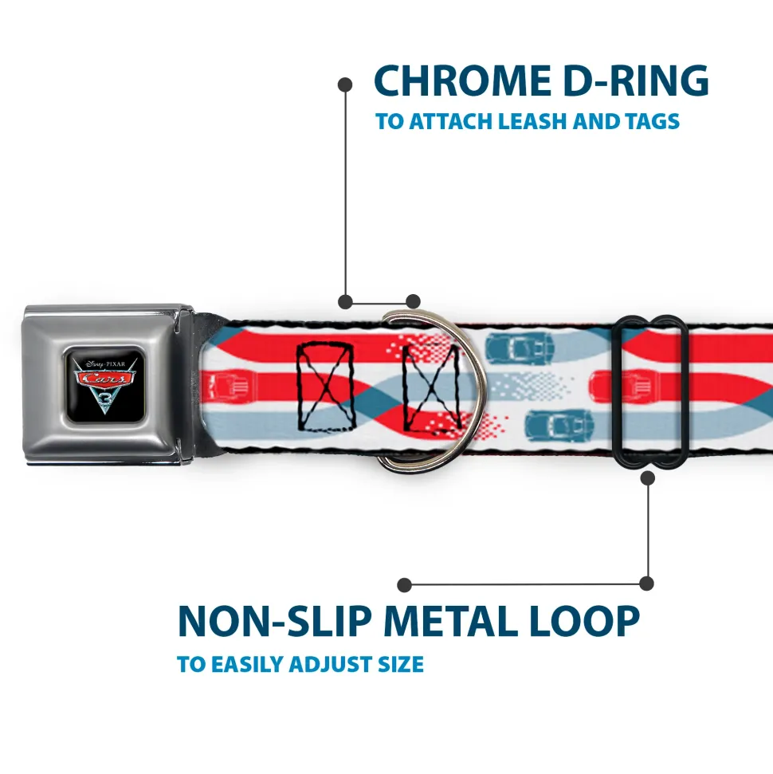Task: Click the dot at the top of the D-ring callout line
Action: [345, 83]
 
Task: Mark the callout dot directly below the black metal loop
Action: [647, 477]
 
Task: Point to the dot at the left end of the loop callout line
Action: [405, 585]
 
